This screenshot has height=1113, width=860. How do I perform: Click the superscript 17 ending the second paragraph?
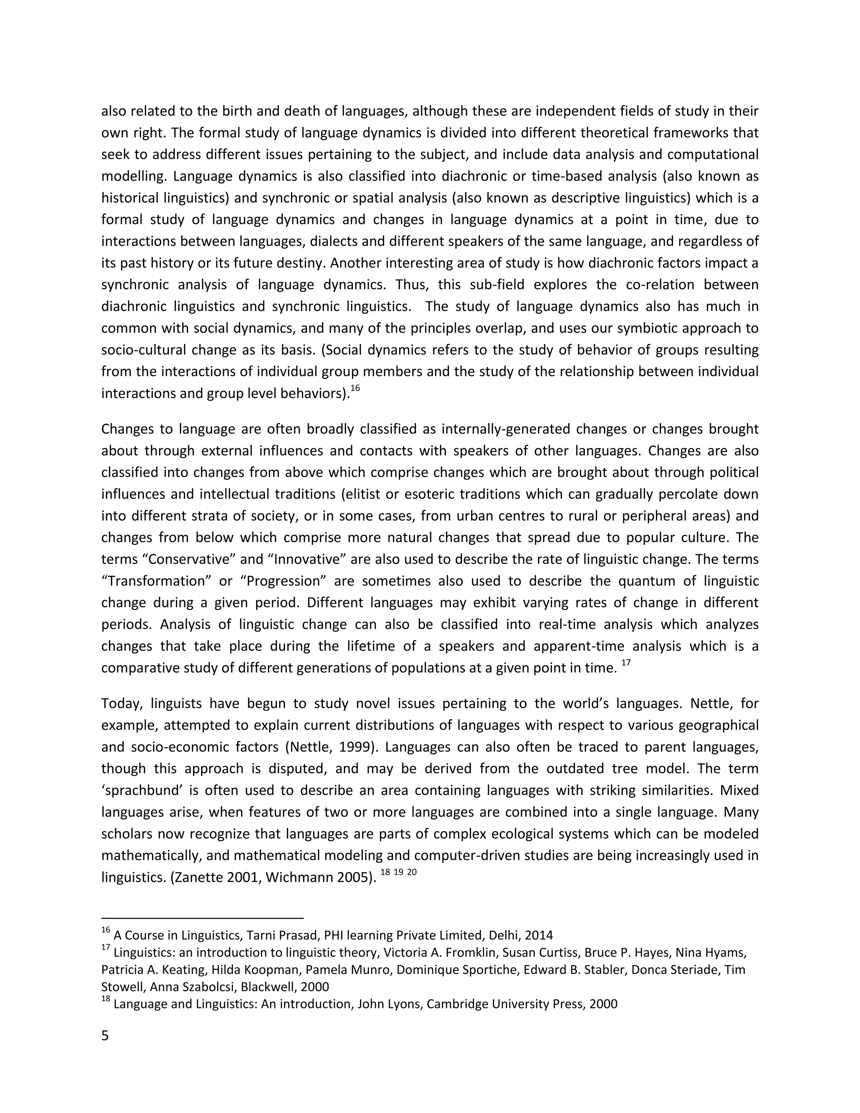pos(626,662)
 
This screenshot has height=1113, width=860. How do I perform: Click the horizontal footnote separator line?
pos(202,918)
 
